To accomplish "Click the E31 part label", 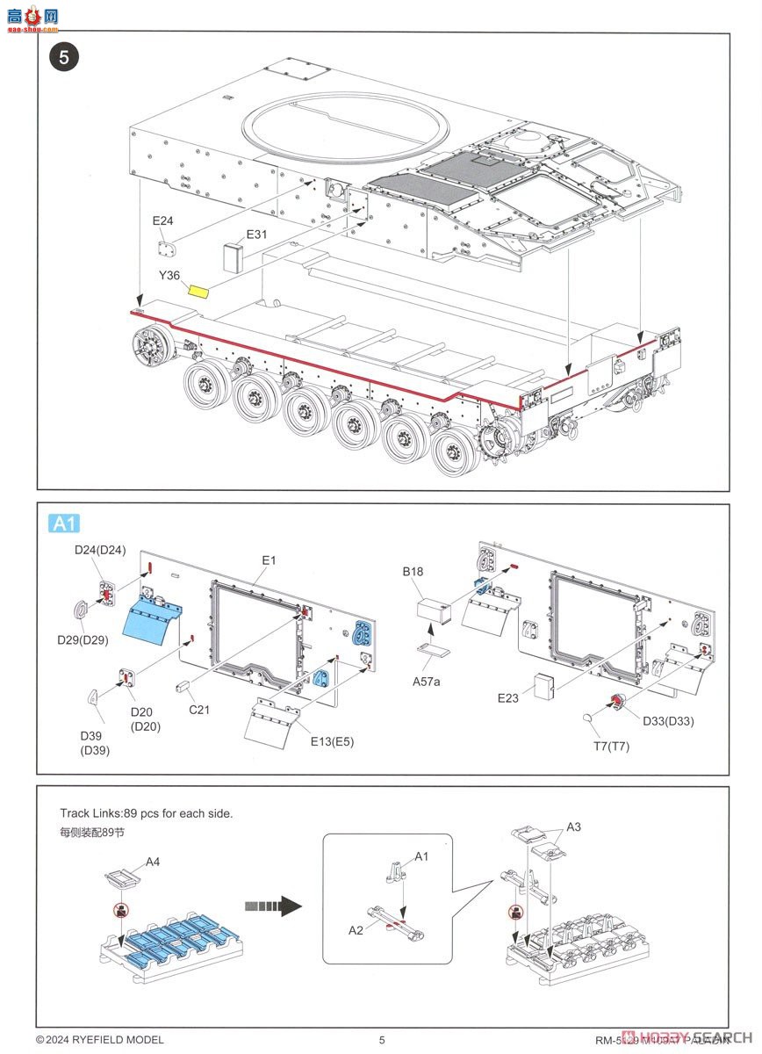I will [x=256, y=235].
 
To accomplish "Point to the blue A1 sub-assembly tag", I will [x=64, y=524].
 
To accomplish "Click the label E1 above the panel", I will [x=269, y=559].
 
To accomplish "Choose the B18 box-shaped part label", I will [x=413, y=572].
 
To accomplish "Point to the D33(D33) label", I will [x=668, y=722].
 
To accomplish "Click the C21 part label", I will [x=199, y=710].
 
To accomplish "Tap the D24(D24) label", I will [x=99, y=551].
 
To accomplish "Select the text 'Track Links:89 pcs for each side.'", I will [x=147, y=813].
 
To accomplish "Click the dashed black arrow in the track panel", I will [x=273, y=906].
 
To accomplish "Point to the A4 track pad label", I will [x=153, y=862].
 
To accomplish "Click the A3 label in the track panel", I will [x=573, y=827].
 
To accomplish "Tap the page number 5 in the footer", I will [x=382, y=1040].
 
